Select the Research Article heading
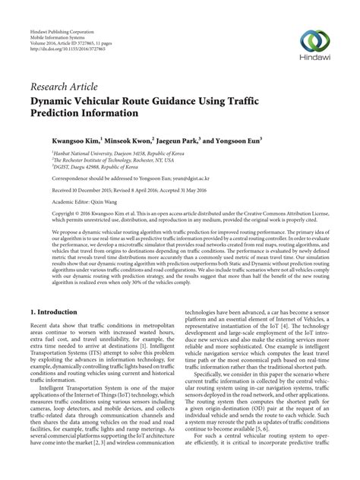tap(65, 86)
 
